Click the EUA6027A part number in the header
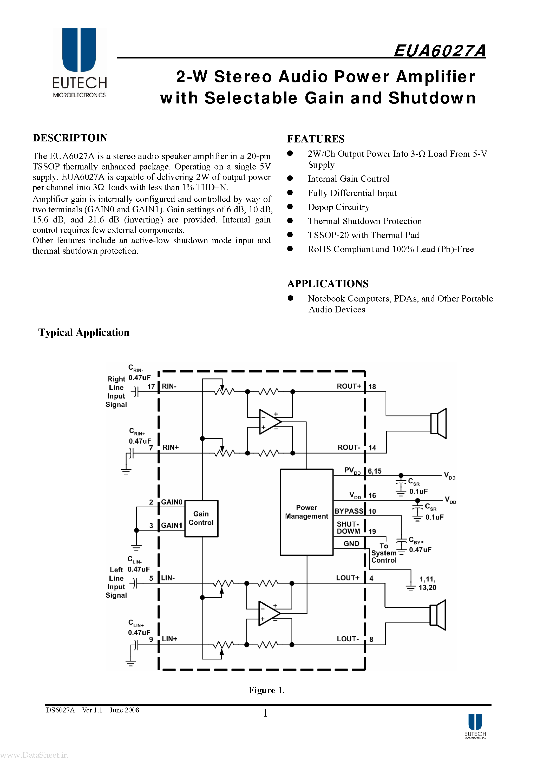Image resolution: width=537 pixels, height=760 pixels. point(439,51)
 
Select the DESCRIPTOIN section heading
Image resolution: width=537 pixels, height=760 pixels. point(70,138)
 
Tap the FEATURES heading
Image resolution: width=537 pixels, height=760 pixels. point(316,139)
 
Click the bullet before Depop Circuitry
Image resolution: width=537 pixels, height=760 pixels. point(290,207)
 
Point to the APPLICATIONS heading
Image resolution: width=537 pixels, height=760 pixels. point(328,283)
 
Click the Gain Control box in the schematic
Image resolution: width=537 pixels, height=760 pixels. point(201,518)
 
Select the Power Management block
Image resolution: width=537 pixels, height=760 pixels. point(306,512)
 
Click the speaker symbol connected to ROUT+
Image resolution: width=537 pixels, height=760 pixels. point(439,423)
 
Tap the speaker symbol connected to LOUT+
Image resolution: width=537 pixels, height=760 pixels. point(438,615)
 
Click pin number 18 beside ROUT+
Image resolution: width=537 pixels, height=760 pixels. point(372,386)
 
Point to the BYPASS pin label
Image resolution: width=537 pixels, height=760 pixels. point(349,511)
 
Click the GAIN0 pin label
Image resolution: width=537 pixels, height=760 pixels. point(172,502)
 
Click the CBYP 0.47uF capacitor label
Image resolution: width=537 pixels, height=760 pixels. point(420,545)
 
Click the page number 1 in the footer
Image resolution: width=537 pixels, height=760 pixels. point(265,713)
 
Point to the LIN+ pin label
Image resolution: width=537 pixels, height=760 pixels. point(169,639)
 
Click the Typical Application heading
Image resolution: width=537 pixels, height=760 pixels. point(84,332)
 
